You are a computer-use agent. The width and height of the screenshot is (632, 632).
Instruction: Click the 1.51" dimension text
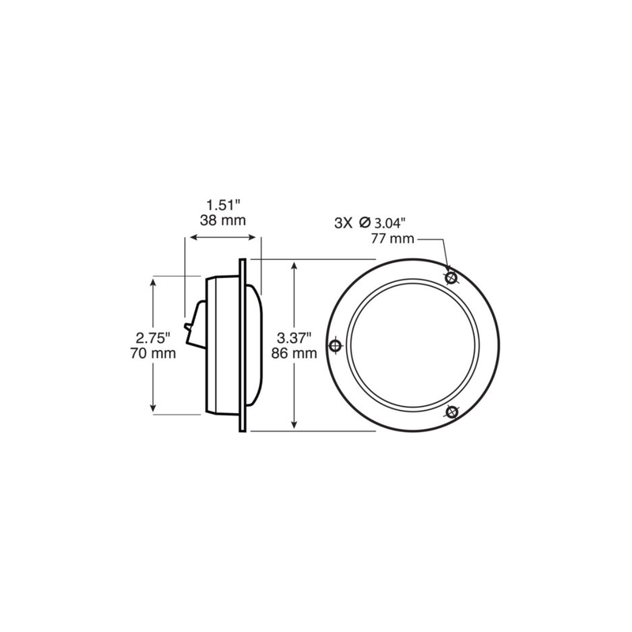pos(222,205)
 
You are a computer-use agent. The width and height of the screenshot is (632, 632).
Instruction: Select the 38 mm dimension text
pos(222,220)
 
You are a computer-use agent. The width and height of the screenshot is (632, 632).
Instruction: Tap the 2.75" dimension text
pos(149,337)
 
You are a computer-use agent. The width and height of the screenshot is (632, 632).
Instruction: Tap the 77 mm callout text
pos(391,238)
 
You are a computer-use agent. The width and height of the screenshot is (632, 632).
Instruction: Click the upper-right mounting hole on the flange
pos(452,278)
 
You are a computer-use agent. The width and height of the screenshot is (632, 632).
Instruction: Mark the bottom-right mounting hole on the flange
pos(452,412)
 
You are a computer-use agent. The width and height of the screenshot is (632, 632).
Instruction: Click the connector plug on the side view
pos(189,328)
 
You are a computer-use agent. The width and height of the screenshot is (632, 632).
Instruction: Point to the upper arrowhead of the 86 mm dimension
pos(295,265)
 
